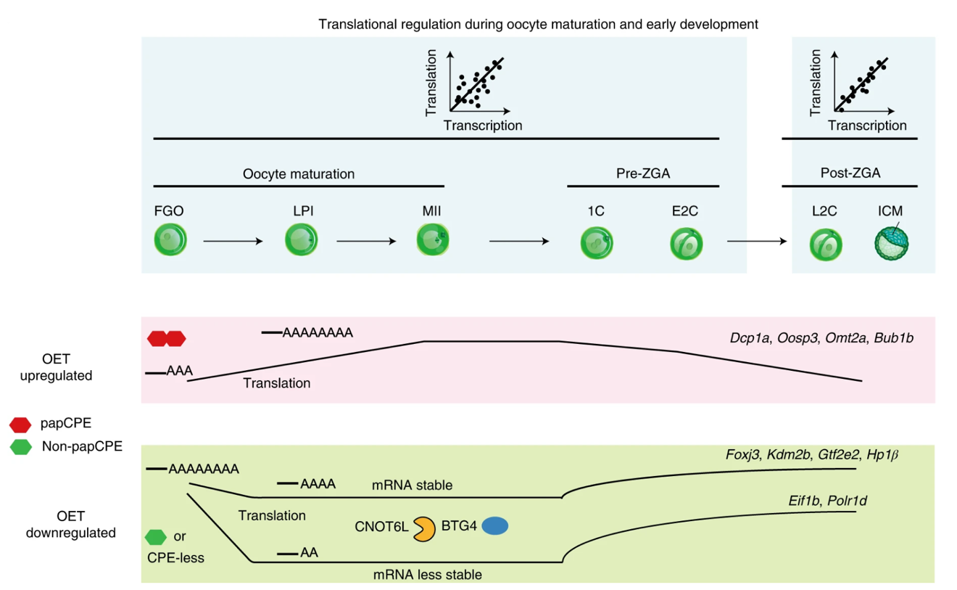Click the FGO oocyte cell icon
[x=170, y=240]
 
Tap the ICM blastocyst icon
[x=892, y=242]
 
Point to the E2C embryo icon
[x=686, y=242]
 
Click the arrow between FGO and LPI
[x=233, y=241]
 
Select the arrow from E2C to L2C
[x=756, y=241]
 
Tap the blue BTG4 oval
[x=495, y=525]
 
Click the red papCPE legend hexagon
[x=20, y=425]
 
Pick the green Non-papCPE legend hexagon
[x=20, y=447]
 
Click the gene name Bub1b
[x=893, y=337]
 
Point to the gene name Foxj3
[x=743, y=455]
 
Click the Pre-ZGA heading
[x=642, y=174]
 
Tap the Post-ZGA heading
[x=850, y=174]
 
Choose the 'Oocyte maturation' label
[x=299, y=174]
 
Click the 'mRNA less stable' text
[x=428, y=575]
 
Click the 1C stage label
[x=596, y=212]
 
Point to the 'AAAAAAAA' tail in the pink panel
[x=318, y=333]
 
